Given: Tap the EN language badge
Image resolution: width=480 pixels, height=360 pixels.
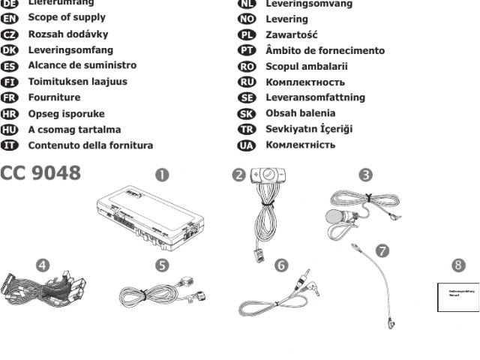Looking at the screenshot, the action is click(x=13, y=18).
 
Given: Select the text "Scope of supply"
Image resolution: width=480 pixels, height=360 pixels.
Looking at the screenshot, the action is click(x=67, y=18).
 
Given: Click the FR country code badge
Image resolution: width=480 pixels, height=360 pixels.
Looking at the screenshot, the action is click(x=13, y=97).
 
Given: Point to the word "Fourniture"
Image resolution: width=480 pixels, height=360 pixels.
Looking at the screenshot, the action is click(x=54, y=97).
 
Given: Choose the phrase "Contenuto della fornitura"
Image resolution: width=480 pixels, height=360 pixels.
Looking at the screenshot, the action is click(x=91, y=145).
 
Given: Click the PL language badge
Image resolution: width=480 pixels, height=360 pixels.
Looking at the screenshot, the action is click(x=247, y=34).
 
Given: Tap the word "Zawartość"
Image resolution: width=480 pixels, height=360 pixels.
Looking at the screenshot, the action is click(x=292, y=34).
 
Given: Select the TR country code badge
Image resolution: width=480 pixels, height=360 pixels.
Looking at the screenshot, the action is click(x=247, y=129).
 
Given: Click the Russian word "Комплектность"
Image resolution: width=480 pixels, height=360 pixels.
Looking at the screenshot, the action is click(x=305, y=82).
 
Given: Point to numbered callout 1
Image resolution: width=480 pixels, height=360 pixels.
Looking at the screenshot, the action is click(x=162, y=175).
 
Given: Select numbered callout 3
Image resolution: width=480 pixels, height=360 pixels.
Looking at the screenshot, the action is click(x=365, y=175).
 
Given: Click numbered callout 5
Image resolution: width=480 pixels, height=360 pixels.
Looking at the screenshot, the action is click(x=162, y=265).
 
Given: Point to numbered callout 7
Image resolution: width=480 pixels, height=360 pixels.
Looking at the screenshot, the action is click(x=382, y=250).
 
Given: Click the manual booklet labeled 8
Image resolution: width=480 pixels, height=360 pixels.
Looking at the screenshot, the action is click(x=457, y=296).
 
